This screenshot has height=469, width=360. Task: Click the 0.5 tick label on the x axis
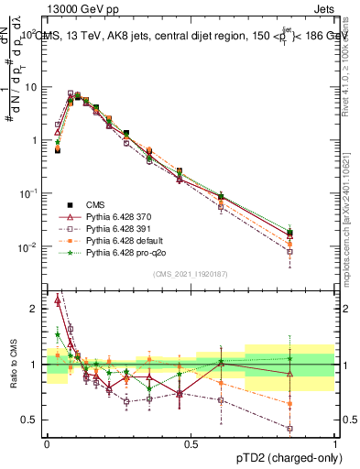click(191, 444)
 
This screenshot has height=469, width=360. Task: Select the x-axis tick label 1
click(334, 444)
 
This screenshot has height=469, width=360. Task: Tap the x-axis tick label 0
click(47, 444)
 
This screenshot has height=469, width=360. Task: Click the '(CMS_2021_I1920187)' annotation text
click(191, 272)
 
